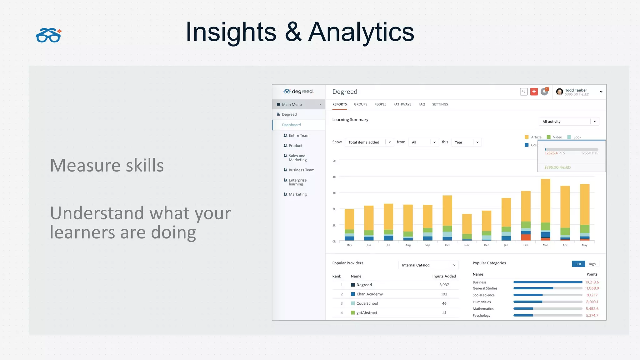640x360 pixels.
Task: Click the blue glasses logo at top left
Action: point(48,35)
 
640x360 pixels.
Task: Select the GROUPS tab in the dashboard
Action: point(360,104)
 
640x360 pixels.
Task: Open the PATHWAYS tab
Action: point(402,104)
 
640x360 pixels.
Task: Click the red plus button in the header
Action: point(534,92)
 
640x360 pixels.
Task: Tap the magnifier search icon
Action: point(524,92)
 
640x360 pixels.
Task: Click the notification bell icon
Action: point(544,92)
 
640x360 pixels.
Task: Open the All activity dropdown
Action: point(569,122)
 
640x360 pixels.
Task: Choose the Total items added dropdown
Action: point(369,142)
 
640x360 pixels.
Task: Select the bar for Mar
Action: point(545,209)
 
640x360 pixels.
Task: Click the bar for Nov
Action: point(467,227)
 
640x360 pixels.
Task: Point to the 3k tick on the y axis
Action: point(334,193)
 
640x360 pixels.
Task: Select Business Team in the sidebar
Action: point(301,170)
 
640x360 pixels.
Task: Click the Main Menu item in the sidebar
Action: point(292,104)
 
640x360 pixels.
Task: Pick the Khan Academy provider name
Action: point(369,294)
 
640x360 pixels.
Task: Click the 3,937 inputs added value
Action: point(444,285)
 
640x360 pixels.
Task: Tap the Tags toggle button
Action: point(592,264)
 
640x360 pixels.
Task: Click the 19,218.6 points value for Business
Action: point(592,282)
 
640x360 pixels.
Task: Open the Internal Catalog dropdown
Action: point(428,265)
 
